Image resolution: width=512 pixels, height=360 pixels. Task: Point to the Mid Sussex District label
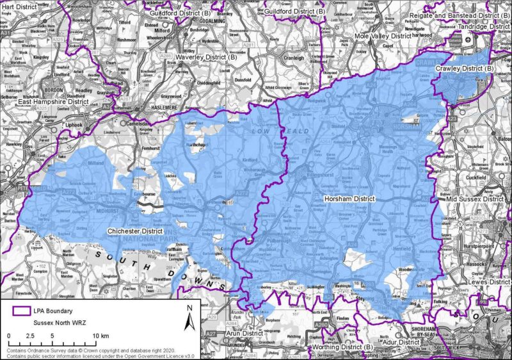pos(476,199)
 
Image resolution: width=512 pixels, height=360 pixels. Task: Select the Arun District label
pos(244,334)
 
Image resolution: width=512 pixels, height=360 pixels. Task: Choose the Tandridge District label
pos(484,27)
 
